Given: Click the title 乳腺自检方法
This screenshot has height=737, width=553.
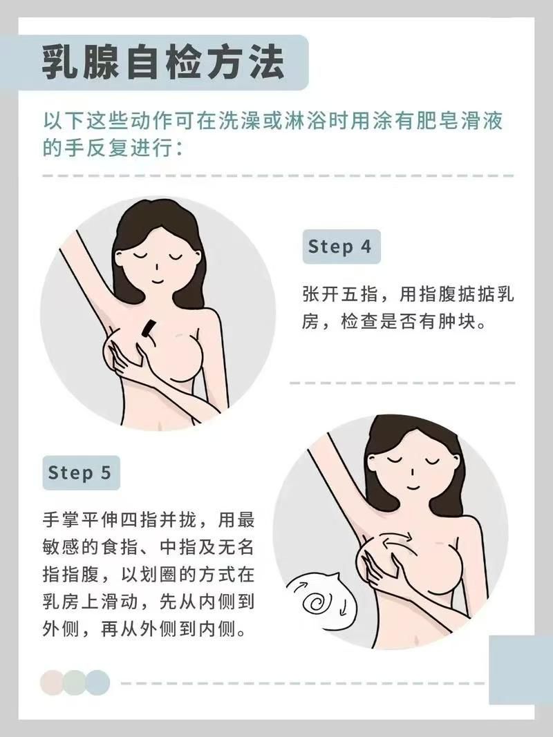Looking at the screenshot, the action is (163, 63).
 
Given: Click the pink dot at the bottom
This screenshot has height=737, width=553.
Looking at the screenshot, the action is (52, 682).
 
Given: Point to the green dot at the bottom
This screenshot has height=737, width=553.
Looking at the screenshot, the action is (74, 682).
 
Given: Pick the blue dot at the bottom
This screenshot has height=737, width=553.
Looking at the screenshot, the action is (97, 682).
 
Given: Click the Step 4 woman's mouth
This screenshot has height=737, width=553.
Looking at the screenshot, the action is (157, 281).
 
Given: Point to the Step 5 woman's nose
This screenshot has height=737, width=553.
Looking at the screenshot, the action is (412, 472).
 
